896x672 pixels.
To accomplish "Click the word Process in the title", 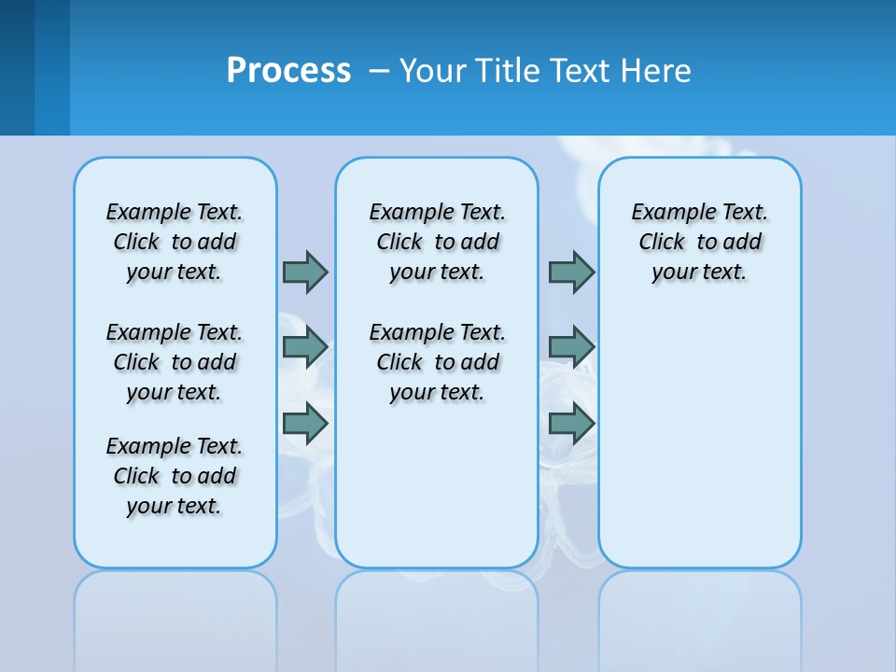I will click(288, 70).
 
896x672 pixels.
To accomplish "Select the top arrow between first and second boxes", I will click(305, 272).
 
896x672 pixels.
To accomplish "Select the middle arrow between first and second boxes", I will click(305, 347).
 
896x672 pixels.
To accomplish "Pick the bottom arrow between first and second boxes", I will click(305, 423).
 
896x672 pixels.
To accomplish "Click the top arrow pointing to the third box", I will click(571, 272).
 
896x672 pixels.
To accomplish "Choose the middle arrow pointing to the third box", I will click(571, 347).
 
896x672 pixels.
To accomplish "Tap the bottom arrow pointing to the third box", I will click(571, 423).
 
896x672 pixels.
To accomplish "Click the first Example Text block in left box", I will click(175, 242).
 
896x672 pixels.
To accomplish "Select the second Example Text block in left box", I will click(175, 362).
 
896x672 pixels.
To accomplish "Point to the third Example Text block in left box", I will click(175, 476).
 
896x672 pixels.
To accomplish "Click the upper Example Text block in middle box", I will click(437, 242).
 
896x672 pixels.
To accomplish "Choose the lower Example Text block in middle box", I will click(437, 362).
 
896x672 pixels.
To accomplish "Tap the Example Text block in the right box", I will click(699, 242).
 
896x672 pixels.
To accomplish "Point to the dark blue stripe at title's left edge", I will click(17, 67).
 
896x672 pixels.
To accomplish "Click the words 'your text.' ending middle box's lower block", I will click(437, 392).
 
